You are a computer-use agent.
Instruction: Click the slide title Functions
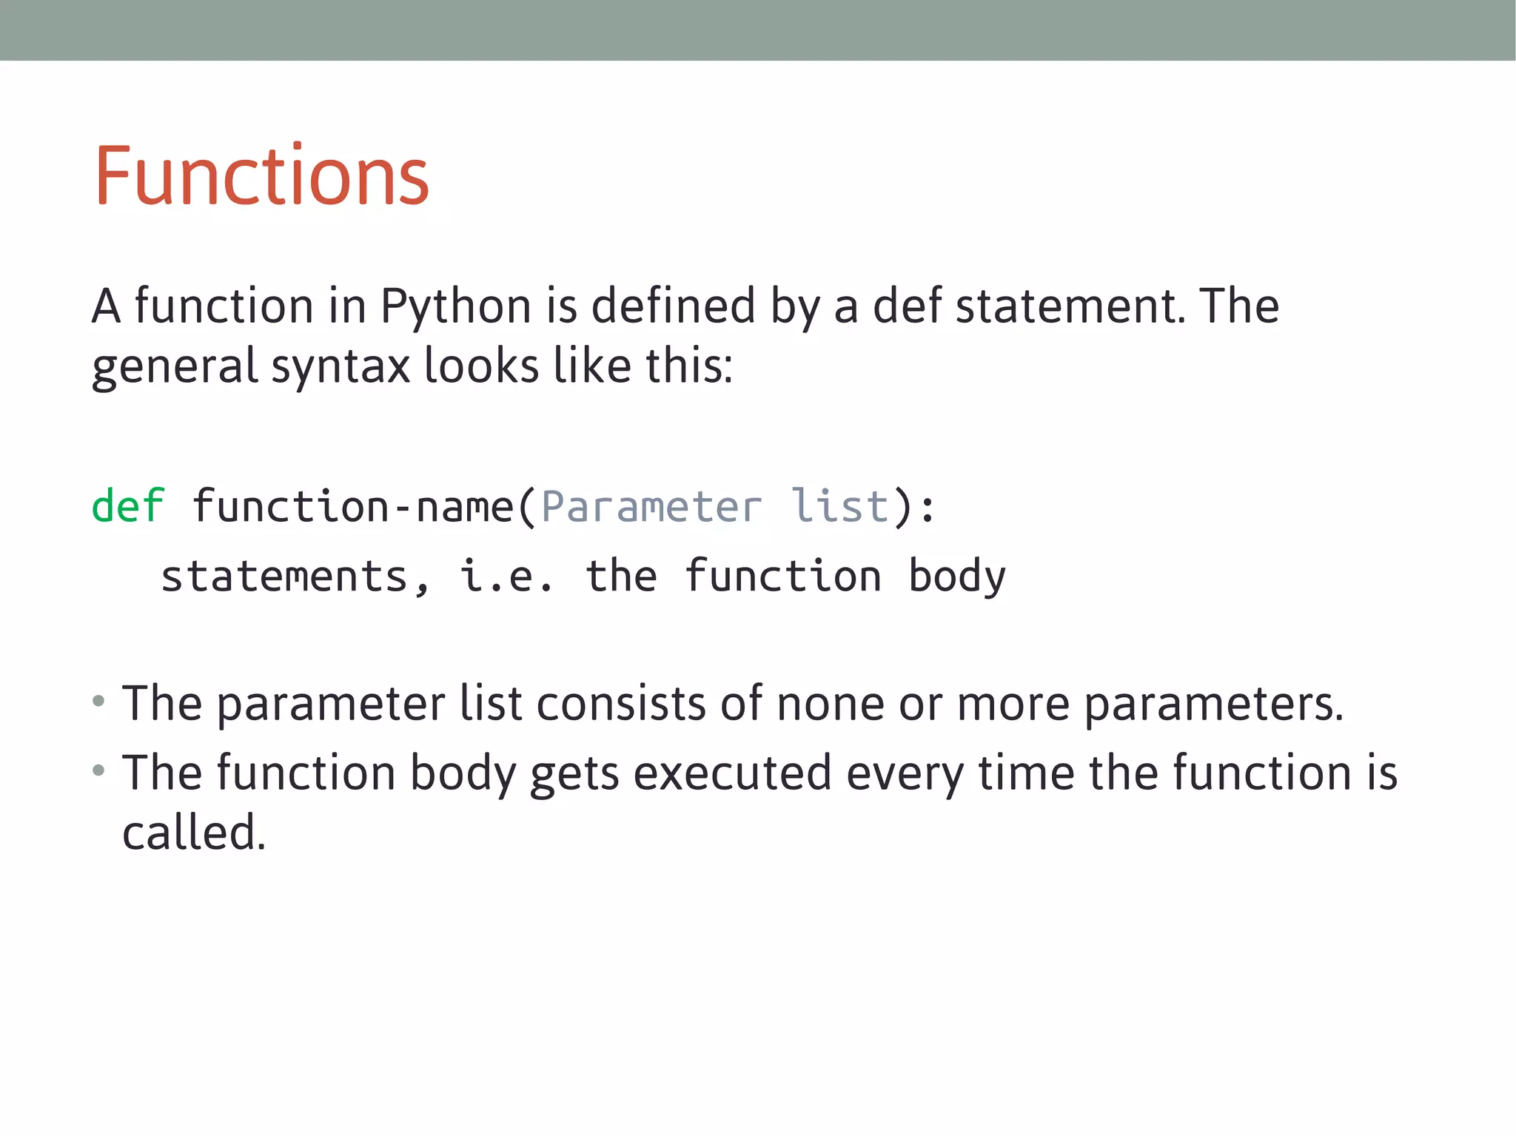click(x=261, y=176)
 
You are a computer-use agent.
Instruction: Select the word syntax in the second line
click(x=341, y=367)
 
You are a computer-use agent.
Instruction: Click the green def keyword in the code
click(x=127, y=507)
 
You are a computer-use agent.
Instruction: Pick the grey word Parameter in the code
click(x=651, y=507)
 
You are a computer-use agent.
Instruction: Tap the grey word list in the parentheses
click(x=839, y=507)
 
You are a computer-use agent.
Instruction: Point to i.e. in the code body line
click(x=506, y=577)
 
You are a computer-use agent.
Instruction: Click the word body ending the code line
click(x=957, y=577)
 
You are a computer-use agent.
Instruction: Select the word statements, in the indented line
click(x=295, y=577)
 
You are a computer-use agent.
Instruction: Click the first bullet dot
click(x=98, y=701)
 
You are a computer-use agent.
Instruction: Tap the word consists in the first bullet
click(x=620, y=703)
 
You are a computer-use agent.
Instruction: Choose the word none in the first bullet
click(x=830, y=703)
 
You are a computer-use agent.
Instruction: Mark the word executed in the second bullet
click(x=732, y=773)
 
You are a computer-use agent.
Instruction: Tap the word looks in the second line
click(x=480, y=367)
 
